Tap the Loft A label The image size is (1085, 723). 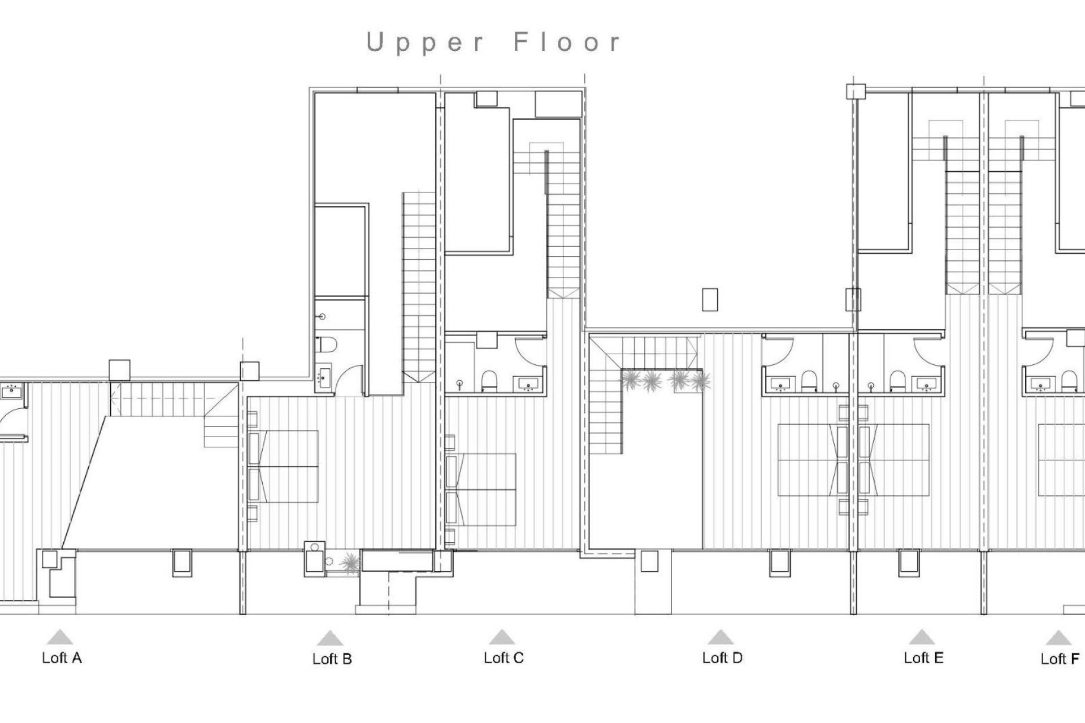click(x=62, y=657)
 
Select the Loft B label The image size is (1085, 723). click(x=332, y=659)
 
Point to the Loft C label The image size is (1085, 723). click(x=504, y=657)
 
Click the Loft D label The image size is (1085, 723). click(x=722, y=657)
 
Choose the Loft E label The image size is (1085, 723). click(x=923, y=657)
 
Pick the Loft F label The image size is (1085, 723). click(x=1060, y=659)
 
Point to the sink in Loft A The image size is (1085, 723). click(x=11, y=390)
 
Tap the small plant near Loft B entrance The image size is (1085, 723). click(x=350, y=563)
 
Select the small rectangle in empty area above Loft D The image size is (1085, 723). click(x=710, y=299)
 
